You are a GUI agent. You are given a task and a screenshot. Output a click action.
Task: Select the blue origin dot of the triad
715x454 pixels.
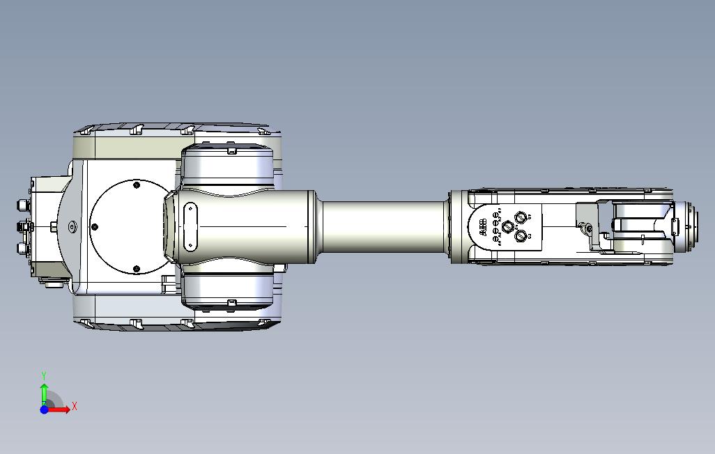pos(44,409)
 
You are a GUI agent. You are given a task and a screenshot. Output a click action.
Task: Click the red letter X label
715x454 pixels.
pos(75,406)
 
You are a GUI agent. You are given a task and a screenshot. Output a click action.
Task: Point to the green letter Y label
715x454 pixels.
pos(44,375)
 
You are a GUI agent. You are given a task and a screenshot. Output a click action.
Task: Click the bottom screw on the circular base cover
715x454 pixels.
pos(136,269)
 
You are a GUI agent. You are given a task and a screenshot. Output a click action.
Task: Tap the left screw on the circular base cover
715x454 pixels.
pos(95,226)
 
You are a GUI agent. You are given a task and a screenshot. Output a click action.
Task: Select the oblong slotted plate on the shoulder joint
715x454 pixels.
pos(189,226)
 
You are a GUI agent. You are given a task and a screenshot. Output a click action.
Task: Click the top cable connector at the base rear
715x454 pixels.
pos(20,205)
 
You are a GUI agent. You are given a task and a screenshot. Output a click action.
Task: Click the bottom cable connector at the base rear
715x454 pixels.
pos(20,249)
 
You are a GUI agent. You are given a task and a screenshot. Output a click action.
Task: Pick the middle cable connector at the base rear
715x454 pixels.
pos(22,227)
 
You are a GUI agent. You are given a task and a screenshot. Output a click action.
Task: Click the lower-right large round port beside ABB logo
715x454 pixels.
pos(521,237)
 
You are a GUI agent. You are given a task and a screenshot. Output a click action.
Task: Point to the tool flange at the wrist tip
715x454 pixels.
pos(691,227)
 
